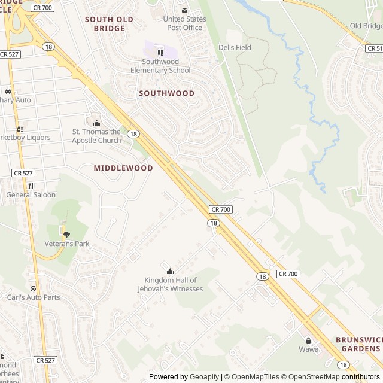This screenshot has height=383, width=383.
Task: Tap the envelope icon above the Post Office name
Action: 184,10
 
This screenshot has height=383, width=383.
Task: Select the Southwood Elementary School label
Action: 160,66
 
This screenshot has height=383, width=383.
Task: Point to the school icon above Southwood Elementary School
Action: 160,53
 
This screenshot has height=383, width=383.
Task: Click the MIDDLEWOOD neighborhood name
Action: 123,168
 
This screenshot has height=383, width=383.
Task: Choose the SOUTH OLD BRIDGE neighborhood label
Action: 109,23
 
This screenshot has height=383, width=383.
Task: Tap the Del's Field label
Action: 235,48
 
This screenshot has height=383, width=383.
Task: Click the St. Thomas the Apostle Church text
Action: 96,136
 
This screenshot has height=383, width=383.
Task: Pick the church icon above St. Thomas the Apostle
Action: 96,123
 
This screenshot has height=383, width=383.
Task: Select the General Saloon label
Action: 31,195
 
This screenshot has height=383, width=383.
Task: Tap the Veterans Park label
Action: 66,244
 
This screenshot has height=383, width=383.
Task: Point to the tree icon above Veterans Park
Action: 66,234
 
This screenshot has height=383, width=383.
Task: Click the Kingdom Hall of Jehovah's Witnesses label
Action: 174,285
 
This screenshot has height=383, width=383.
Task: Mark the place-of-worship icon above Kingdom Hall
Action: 169,271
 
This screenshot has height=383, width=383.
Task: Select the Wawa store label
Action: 309,349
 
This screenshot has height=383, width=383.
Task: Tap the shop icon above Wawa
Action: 309,340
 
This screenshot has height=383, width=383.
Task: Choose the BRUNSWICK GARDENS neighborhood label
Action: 358,344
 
